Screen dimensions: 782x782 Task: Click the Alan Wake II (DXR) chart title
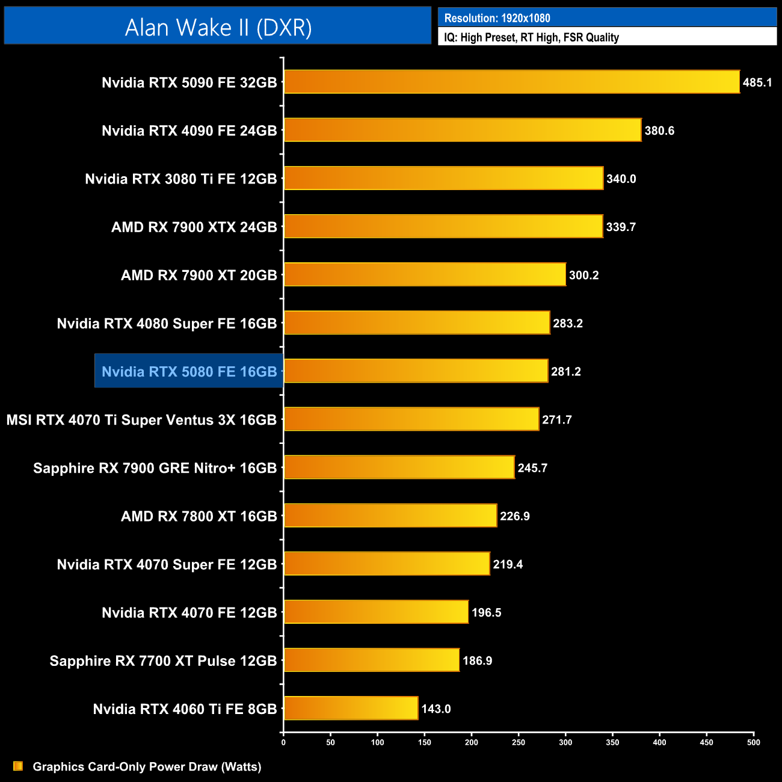pos(218,27)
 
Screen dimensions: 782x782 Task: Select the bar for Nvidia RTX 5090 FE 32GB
pos(511,82)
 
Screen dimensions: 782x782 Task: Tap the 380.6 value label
pos(659,131)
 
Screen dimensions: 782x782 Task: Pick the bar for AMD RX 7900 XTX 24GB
pos(443,226)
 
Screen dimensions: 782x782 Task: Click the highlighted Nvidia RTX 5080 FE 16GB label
pos(189,371)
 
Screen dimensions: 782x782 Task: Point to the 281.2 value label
pos(566,371)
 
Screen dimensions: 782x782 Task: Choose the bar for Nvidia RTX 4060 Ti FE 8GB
pos(351,708)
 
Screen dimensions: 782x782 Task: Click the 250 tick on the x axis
pos(519,742)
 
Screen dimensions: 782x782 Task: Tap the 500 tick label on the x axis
pos(753,742)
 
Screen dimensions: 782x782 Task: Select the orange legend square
pos(18,766)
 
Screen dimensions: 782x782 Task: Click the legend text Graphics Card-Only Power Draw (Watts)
pos(147,766)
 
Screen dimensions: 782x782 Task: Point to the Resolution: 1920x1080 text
pos(497,18)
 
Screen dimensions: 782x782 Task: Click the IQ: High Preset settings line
pos(531,37)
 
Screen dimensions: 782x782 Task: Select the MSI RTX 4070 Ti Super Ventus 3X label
pos(141,419)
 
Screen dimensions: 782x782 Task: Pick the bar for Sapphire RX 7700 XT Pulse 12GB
pos(371,660)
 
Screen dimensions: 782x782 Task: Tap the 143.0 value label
pos(436,709)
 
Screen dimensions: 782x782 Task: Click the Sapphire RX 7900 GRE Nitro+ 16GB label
pos(155,468)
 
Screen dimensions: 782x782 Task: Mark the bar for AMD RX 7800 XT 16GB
pos(390,516)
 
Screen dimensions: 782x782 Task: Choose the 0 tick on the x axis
pos(283,742)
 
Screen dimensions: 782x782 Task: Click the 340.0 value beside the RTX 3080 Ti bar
pos(621,179)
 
